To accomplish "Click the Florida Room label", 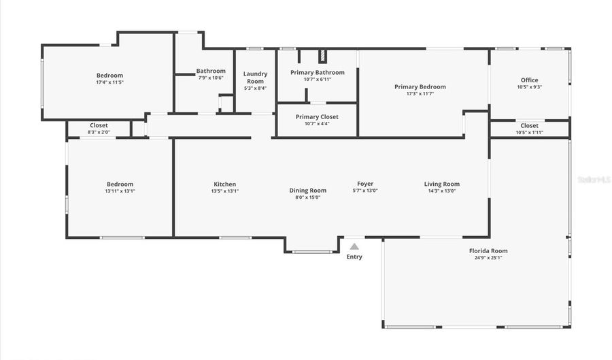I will point(488,251).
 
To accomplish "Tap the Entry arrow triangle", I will point(354,246).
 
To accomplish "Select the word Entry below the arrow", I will point(354,257).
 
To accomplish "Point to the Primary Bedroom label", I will point(420,87).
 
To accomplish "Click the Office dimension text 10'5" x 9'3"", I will point(529,87).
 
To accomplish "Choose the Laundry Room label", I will point(255,78).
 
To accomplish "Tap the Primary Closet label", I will point(317,117).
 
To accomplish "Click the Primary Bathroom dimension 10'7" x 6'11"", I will point(317,80).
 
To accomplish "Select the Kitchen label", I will point(225,184).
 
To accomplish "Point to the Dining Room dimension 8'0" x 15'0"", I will point(308,197).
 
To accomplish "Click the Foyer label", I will point(365,184).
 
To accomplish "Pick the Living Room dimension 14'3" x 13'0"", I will point(442,191).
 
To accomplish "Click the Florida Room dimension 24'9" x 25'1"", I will point(488,258).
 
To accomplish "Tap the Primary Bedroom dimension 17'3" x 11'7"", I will point(420,94).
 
